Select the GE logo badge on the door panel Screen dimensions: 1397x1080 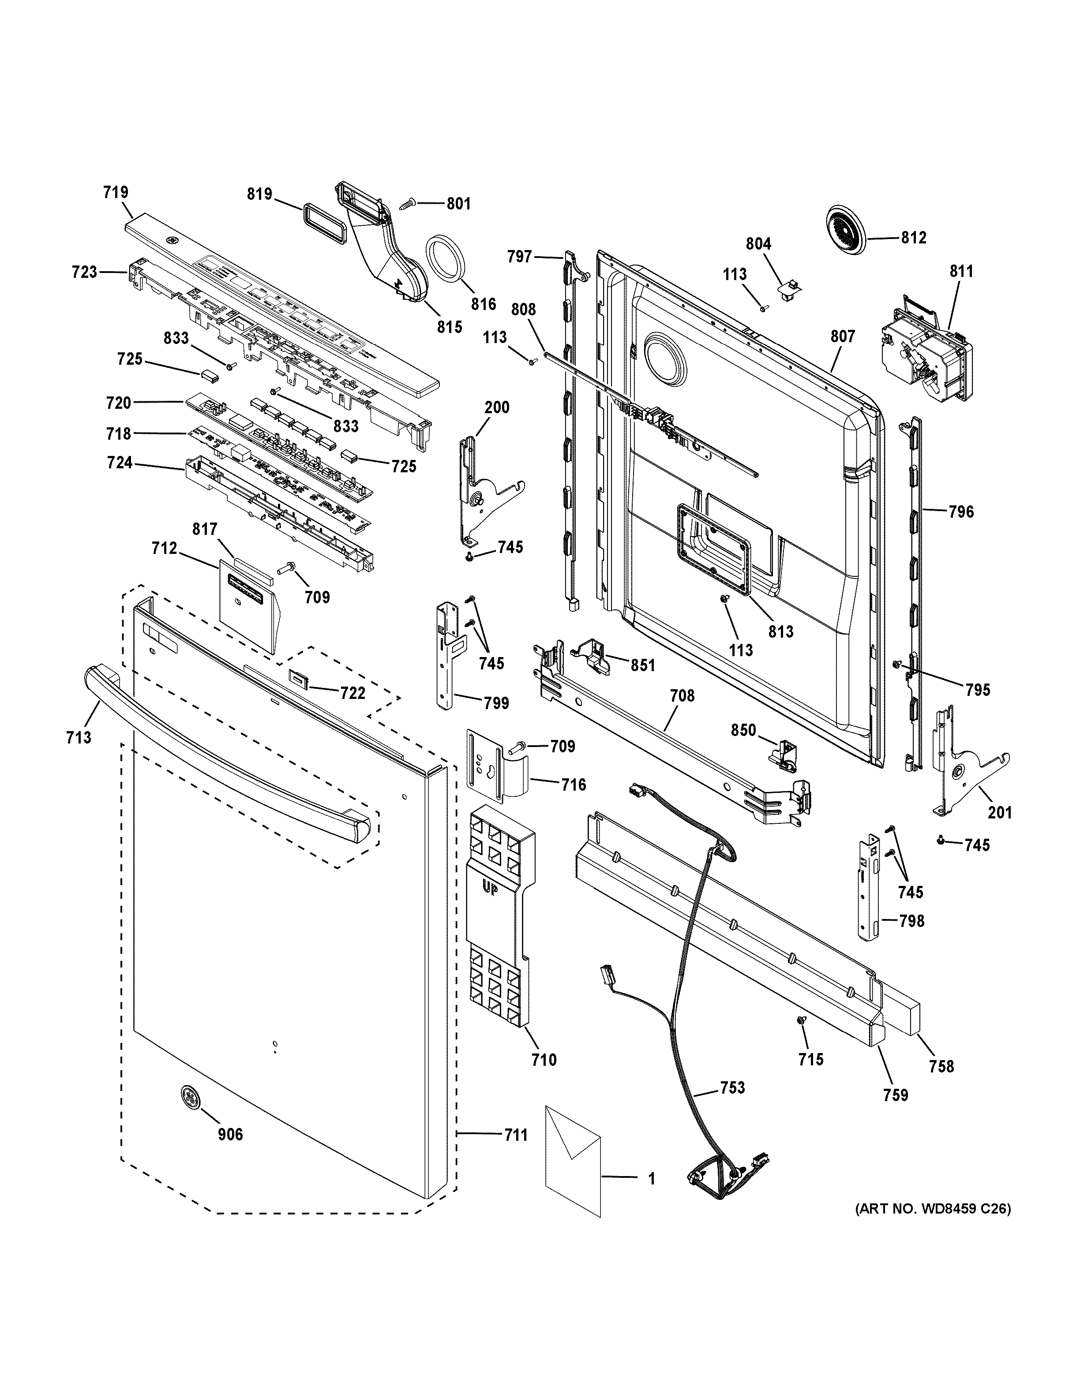point(189,1097)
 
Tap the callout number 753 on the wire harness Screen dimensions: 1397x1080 point(732,1087)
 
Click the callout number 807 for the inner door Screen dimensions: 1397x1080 point(842,336)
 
